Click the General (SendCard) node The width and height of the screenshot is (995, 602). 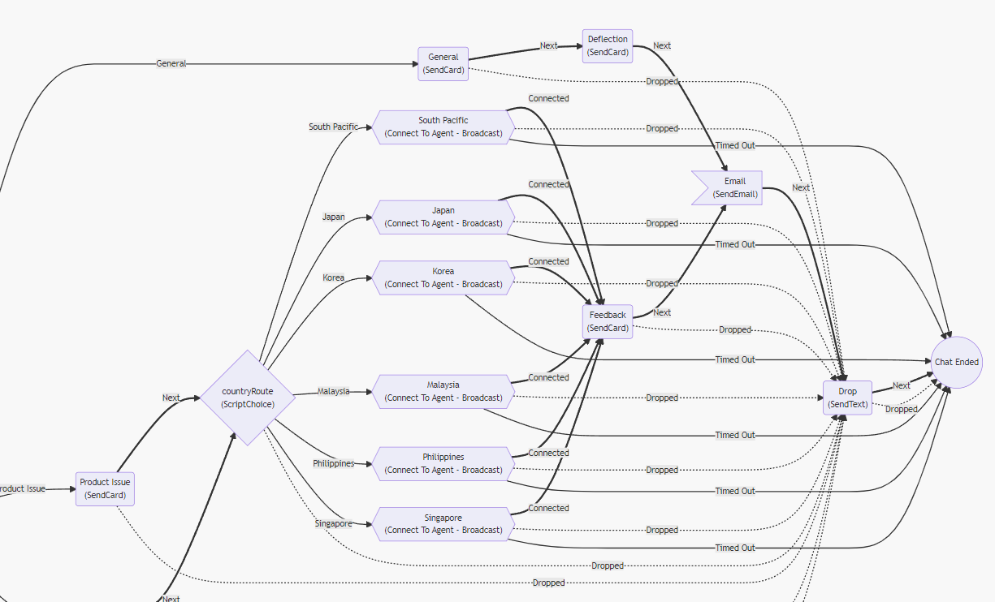point(443,64)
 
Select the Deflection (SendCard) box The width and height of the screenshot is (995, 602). point(608,45)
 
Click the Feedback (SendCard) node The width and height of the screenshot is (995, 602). point(608,321)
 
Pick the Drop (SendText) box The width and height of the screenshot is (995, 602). point(847,398)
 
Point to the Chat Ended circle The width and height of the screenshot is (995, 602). point(957,362)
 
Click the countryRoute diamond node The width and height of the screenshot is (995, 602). point(248,398)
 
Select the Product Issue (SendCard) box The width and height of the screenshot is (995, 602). point(105,488)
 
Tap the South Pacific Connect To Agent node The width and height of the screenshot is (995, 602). point(443,127)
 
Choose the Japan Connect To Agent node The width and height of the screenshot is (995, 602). point(443,217)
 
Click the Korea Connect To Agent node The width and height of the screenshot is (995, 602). point(443,277)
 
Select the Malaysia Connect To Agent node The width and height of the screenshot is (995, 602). point(443,391)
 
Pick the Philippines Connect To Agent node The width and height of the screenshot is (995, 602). point(443,463)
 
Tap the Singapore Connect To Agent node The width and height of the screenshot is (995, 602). point(443,524)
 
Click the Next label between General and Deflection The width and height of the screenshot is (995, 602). point(549,46)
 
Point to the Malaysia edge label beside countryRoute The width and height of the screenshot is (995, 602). point(333,391)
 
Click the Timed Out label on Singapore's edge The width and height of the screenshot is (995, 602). point(735,548)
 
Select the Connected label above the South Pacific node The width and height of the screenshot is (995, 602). point(549,98)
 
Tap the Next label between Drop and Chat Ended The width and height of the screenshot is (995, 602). point(902,385)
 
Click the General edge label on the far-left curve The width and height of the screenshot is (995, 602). point(171,63)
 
